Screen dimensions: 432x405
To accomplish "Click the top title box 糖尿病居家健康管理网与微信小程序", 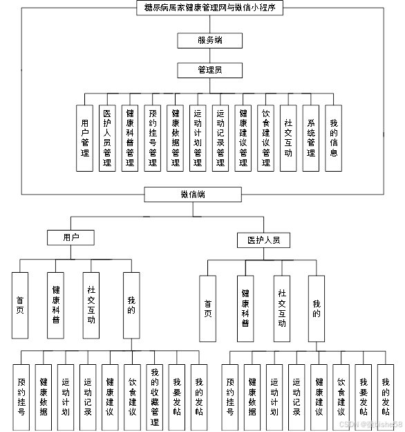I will click(x=209, y=7).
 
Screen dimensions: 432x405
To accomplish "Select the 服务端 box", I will click(x=209, y=40).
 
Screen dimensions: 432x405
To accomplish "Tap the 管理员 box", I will click(x=209, y=70).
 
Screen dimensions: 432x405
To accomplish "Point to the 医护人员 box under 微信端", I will click(x=263, y=240).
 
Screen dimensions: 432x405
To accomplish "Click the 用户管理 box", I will click(x=85, y=138).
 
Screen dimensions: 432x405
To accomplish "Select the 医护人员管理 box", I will click(x=107, y=138).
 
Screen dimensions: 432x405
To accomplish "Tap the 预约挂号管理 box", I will click(x=153, y=138).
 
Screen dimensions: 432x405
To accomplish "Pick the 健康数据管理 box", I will click(x=176, y=138).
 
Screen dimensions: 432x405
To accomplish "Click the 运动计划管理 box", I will click(x=198, y=138).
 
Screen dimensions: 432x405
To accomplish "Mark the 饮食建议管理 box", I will click(x=265, y=138).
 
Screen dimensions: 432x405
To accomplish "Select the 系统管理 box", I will click(x=311, y=138).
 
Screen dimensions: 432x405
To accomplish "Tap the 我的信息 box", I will click(x=334, y=138).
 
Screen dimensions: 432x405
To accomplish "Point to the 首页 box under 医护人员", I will click(x=207, y=308).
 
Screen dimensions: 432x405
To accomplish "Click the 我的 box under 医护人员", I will click(x=317, y=308).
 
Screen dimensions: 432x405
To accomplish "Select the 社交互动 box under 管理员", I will click(x=288, y=138).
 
